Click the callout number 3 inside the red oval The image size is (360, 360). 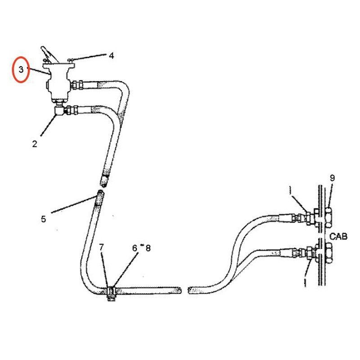click(x=21, y=70)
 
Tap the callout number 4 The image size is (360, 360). click(x=111, y=56)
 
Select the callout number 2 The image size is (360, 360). click(x=34, y=144)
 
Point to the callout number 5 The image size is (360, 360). click(x=43, y=219)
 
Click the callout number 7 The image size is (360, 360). click(x=102, y=247)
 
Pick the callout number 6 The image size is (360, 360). click(x=135, y=247)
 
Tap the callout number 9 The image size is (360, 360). click(x=332, y=178)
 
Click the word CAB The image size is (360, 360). click(x=338, y=236)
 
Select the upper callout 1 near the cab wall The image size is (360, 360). click(x=291, y=192)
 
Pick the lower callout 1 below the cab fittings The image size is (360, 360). click(x=306, y=282)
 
